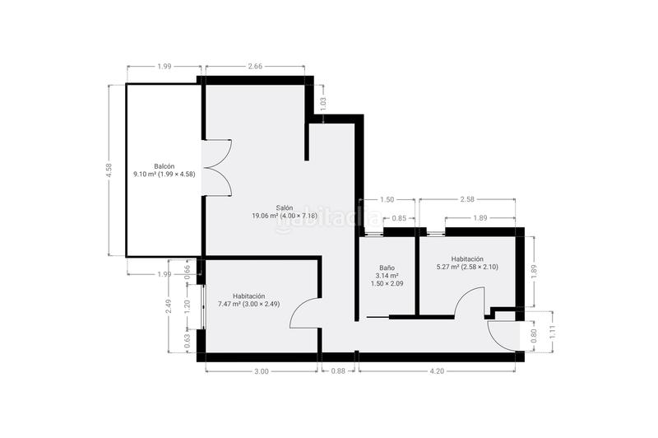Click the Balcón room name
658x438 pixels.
pyautogui.click(x=164, y=165)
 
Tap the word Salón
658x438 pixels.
pyautogui.click(x=285, y=207)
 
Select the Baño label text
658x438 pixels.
pyautogui.click(x=387, y=268)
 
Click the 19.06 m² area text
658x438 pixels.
pyautogui.click(x=266, y=217)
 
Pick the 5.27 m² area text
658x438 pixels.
pyautogui.click(x=437, y=267)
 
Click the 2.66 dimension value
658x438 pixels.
pyautogui.click(x=254, y=67)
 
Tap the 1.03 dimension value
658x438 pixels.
pyautogui.click(x=323, y=105)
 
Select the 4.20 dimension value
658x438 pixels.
pyautogui.click(x=437, y=371)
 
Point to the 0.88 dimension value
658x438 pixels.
pyautogui.click(x=338, y=371)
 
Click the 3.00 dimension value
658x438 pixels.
pyautogui.click(x=261, y=371)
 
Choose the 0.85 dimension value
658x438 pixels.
pyautogui.click(x=399, y=218)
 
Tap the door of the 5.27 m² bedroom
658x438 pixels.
pyautogui.click(x=469, y=303)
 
